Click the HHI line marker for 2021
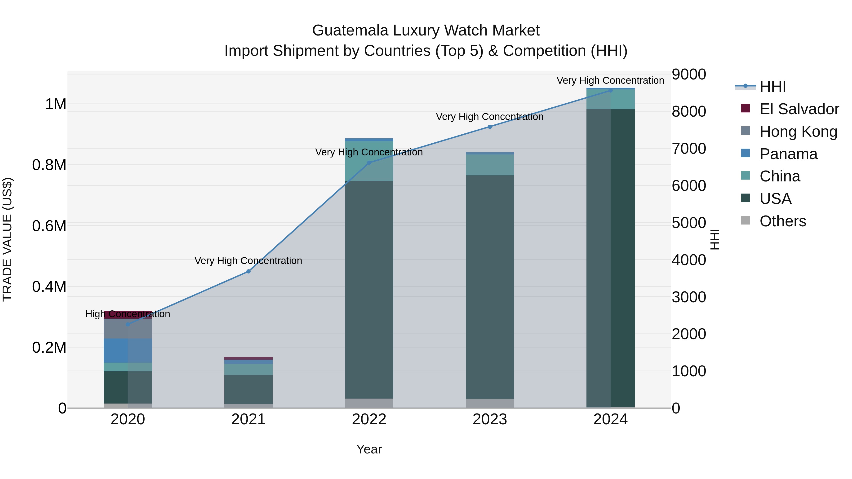click(248, 271)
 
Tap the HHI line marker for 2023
click(490, 127)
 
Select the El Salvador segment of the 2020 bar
click(128, 314)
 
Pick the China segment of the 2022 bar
click(369, 161)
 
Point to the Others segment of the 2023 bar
click(490, 403)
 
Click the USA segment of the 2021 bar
click(248, 389)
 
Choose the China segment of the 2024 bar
click(611, 99)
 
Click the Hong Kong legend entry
click(798, 132)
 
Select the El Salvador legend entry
click(799, 109)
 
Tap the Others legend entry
click(783, 221)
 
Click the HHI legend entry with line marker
click(772, 87)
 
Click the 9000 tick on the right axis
click(689, 74)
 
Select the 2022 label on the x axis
click(369, 419)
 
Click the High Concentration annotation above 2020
click(128, 314)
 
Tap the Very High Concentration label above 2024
click(610, 80)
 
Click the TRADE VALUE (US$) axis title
click(7, 239)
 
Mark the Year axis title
click(369, 449)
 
